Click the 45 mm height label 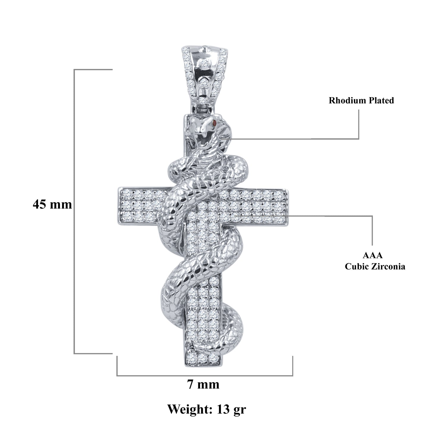pos(52,204)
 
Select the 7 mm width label pos(203,385)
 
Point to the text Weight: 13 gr pos(207,409)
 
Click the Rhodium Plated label pos(361,100)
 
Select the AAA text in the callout pos(372,255)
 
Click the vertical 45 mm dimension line pos(74,267)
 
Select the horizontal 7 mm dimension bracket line pos(205,376)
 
